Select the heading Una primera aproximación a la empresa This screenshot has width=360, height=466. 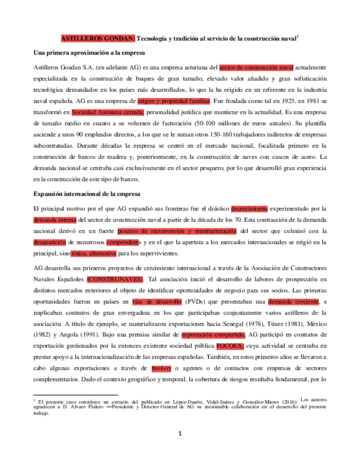click(x=89, y=53)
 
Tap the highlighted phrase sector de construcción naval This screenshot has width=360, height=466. click(x=256, y=68)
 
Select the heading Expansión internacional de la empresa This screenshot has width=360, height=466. click(x=86, y=195)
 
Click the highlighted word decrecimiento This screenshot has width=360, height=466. click(x=250, y=209)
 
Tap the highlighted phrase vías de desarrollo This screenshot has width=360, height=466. click(x=157, y=302)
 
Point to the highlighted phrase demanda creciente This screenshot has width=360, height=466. click(x=293, y=302)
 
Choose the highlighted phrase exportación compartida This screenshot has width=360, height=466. click(x=213, y=335)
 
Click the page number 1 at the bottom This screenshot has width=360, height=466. click(x=180, y=434)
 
